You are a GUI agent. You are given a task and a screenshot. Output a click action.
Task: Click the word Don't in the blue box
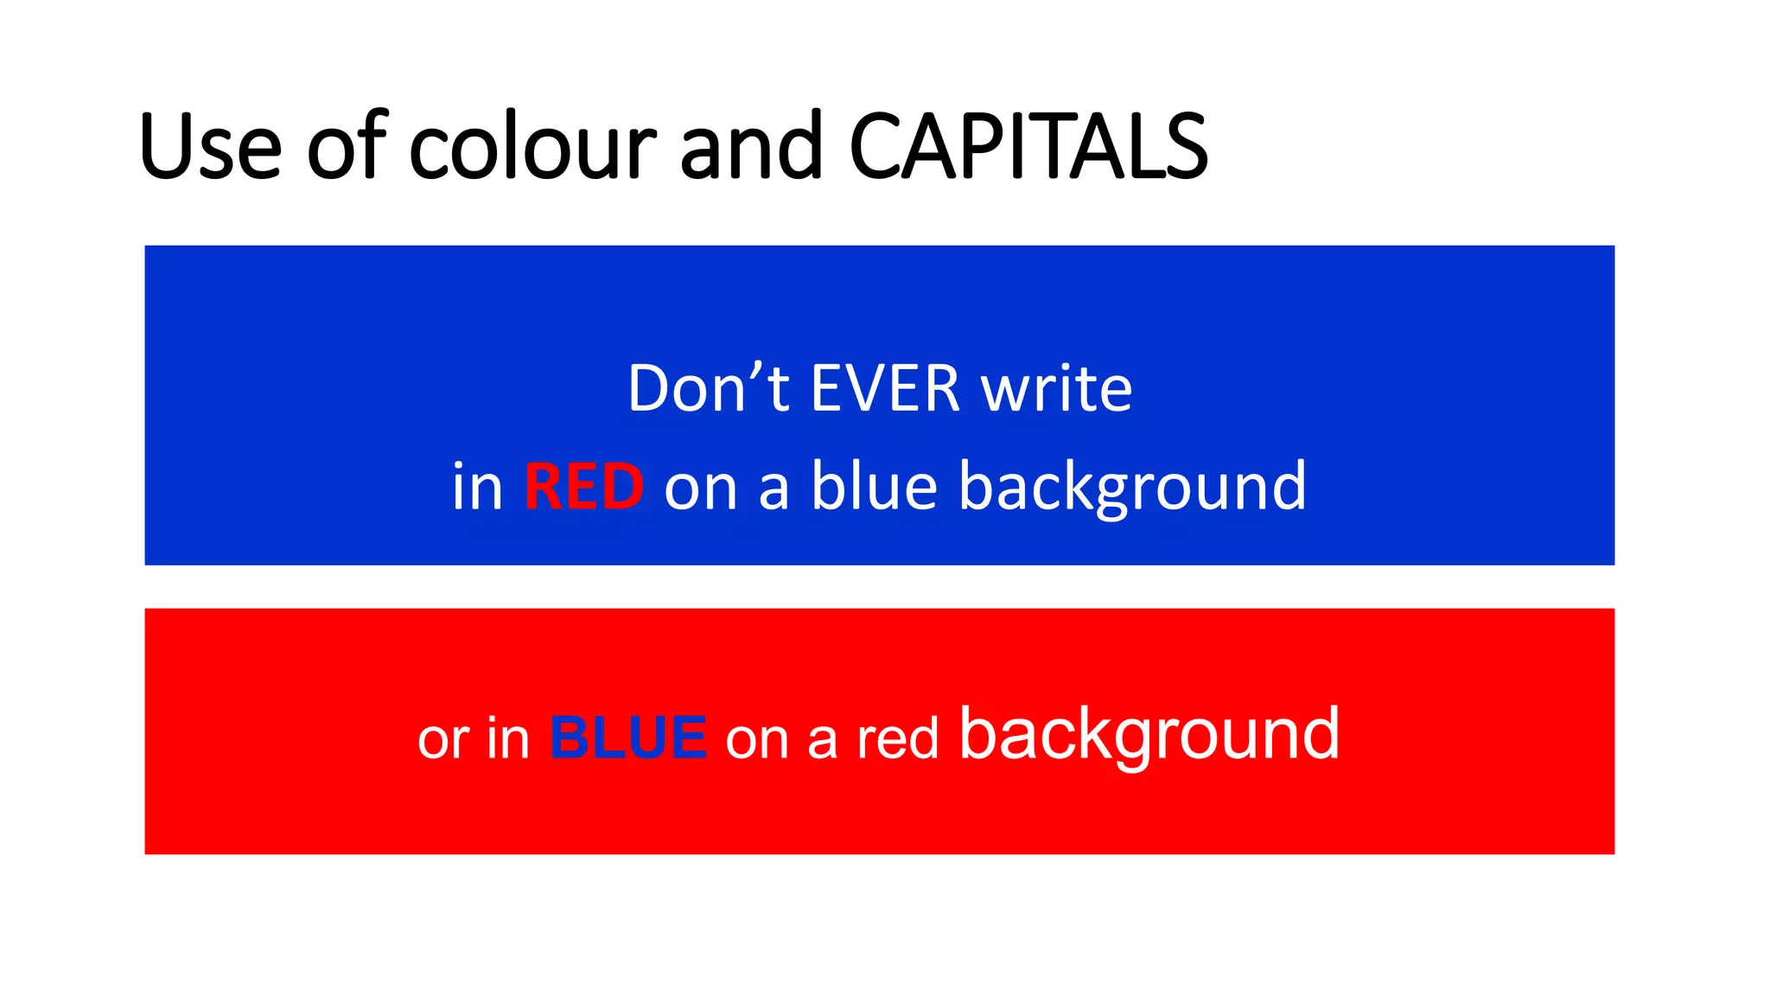coord(708,389)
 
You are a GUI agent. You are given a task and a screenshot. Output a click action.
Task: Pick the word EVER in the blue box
coord(885,389)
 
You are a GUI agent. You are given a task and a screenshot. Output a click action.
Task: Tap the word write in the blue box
coord(1056,389)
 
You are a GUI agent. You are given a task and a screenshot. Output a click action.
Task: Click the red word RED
coord(584,487)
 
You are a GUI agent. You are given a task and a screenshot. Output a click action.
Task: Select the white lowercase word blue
coord(874,487)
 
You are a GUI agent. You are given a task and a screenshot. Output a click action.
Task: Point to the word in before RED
coord(477,487)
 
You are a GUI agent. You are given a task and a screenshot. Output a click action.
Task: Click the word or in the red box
coord(442,740)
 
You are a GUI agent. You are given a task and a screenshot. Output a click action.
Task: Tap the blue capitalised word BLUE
coord(628,738)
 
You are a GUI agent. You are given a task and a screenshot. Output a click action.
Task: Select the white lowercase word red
coord(897,740)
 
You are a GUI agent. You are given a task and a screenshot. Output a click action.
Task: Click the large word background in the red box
coord(1149,735)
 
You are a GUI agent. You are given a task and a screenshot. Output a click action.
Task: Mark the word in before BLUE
coord(508,739)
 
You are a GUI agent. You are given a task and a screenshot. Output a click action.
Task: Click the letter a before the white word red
coord(822,742)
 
